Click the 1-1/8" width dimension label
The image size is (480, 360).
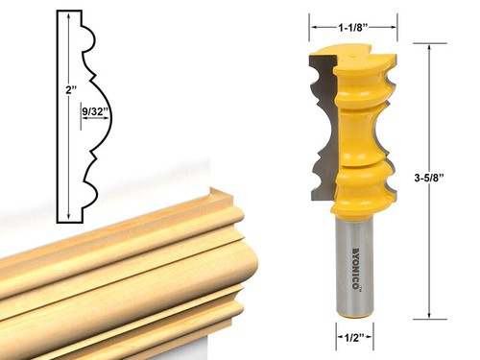352,28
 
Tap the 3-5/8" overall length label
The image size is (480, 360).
428,179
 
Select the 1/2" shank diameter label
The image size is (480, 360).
354,337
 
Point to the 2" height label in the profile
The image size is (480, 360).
72,90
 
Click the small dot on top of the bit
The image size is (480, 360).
353,56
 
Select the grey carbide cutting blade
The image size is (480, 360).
324,128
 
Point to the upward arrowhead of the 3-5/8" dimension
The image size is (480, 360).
429,47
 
